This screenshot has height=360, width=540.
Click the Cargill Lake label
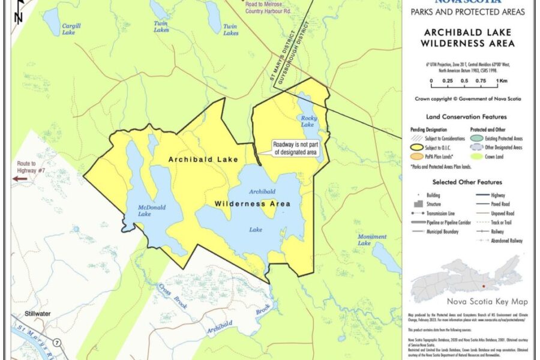tap(71, 29)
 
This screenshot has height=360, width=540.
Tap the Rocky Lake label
tap(307, 121)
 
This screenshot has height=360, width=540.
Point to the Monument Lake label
tap(372, 239)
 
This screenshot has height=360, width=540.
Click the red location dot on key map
tap(482, 278)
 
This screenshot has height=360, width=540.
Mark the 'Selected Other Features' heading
tap(467, 182)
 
